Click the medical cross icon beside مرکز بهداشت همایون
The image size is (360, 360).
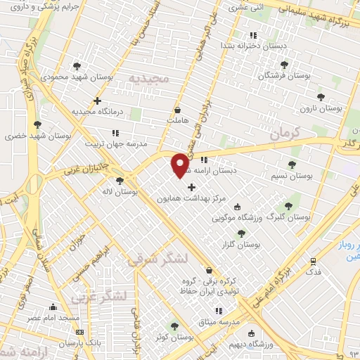[x=191, y=186]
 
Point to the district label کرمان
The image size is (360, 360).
[x=285, y=131]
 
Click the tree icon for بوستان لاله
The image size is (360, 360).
[x=120, y=180]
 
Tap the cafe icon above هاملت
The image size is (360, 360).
[x=176, y=110]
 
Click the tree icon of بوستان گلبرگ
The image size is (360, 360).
[x=288, y=206]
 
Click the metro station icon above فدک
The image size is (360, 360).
[x=313, y=260]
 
